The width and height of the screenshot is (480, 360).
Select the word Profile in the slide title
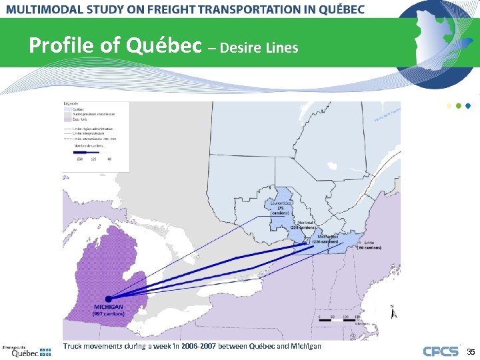coord(57,46)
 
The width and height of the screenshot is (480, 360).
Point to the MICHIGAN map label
coord(108,307)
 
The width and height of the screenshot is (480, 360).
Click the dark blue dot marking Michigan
coord(108,298)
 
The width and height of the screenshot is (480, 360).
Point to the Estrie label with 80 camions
coord(369,245)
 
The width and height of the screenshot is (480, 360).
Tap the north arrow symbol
coord(393,311)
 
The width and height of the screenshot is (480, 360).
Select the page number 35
coord(470,352)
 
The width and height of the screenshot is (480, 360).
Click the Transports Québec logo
coord(27,351)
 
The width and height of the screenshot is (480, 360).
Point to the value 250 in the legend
coord(79,158)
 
